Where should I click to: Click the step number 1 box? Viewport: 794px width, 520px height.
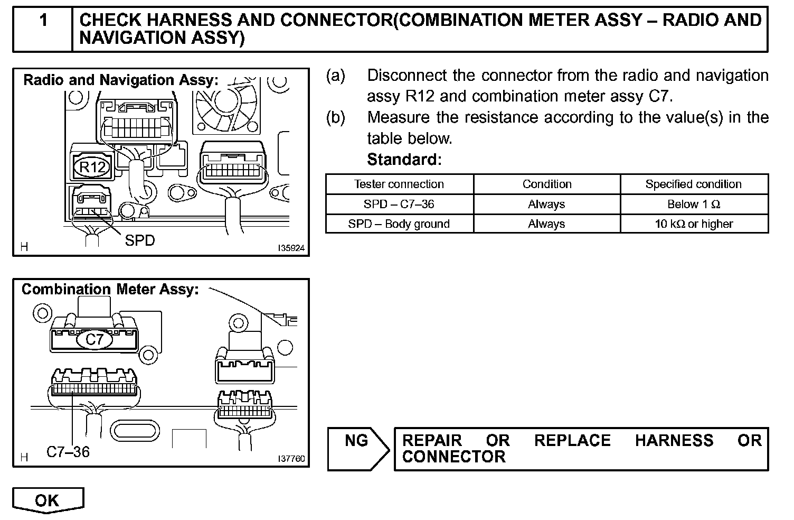point(43,29)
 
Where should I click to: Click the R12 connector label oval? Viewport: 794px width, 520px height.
point(92,168)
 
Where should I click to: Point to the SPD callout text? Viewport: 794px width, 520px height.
point(140,240)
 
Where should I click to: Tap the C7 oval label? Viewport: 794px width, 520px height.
point(94,339)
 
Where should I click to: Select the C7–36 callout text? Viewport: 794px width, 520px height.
point(68,452)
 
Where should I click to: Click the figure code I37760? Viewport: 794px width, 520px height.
point(291,459)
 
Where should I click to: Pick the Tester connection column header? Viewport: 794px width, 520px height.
point(399,184)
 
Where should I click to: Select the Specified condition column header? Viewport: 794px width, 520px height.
point(693,184)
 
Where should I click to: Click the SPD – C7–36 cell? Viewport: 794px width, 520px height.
point(399,205)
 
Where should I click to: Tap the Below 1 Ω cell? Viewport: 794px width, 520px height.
point(693,205)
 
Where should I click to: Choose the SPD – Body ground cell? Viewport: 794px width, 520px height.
point(399,224)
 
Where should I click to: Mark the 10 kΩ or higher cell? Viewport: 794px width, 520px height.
point(693,224)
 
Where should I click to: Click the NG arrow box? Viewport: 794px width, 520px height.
point(357,449)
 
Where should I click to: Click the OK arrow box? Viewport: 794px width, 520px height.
point(48,500)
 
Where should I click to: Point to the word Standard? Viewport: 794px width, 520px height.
point(404,159)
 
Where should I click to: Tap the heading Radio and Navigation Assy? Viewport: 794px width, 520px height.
point(120,80)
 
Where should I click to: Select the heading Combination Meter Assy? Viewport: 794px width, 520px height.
point(110,290)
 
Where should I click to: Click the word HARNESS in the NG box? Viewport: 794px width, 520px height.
point(674,441)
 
